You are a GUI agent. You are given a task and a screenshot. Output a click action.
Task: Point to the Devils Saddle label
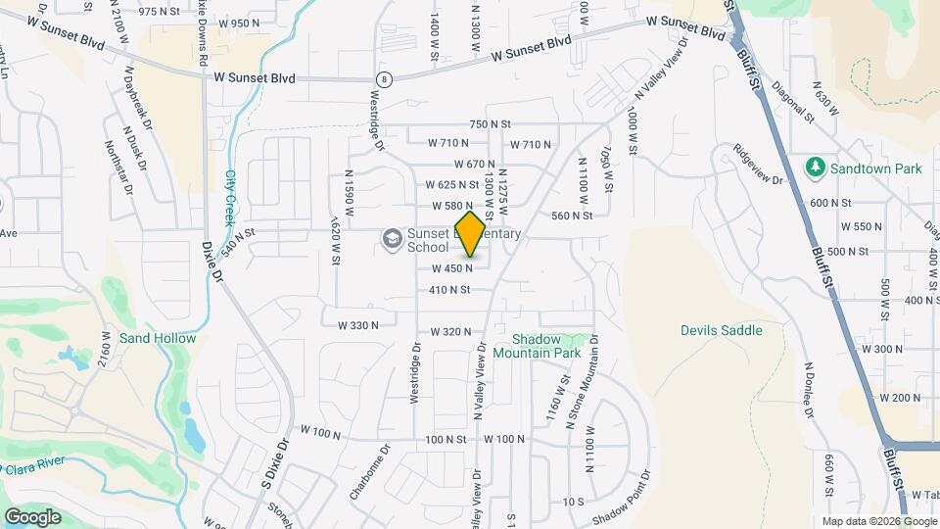721,330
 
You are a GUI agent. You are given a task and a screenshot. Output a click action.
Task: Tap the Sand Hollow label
158,338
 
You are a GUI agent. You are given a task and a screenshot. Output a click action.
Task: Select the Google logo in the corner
32,516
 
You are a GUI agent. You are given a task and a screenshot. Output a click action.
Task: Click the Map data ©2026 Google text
878,521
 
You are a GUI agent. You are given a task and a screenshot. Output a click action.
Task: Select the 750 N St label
491,124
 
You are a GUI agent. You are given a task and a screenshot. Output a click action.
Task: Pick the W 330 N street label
358,325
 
